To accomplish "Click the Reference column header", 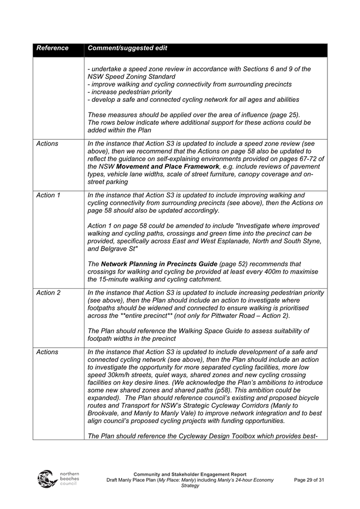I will (52, 48).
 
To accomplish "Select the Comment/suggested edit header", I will (127, 48).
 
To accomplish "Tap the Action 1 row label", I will (48, 195).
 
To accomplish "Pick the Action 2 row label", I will (48, 292).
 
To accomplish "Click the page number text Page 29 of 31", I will (309, 480).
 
